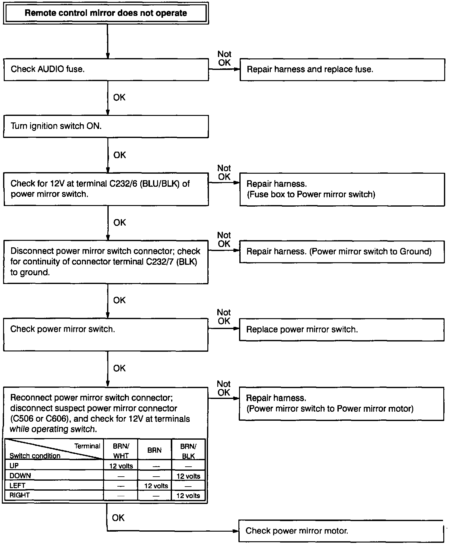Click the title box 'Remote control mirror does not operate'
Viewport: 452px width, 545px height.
click(x=106, y=13)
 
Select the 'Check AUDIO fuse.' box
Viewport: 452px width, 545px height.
click(x=106, y=69)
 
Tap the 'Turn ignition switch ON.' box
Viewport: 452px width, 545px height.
click(x=106, y=126)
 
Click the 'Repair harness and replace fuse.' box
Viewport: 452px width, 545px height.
click(x=342, y=69)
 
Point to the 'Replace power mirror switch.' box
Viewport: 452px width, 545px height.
click(x=341, y=329)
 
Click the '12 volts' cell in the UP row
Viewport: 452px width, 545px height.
click(x=121, y=466)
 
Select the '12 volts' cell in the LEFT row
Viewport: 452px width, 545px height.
click(x=156, y=486)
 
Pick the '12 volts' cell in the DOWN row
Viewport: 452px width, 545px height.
click(x=188, y=476)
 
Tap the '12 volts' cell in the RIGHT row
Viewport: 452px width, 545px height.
click(x=188, y=496)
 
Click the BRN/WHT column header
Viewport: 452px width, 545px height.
click(x=121, y=451)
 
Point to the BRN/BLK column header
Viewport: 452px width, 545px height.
click(x=188, y=451)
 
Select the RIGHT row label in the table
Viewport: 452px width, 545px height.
click(x=20, y=495)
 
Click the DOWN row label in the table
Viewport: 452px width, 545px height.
click(x=20, y=476)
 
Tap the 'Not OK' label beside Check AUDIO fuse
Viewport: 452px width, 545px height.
click(x=224, y=58)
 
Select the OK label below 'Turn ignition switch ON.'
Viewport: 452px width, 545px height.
click(x=120, y=155)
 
